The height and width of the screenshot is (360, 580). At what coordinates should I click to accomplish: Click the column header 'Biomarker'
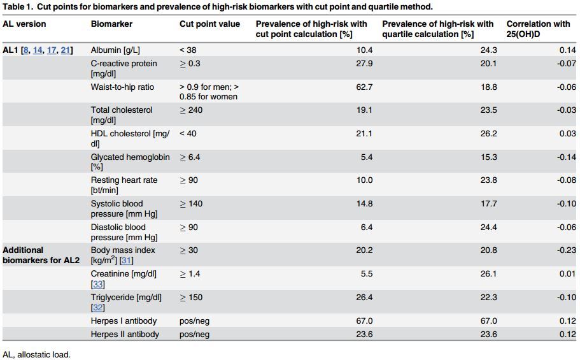[x=111, y=24]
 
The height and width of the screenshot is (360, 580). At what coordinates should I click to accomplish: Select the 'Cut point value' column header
[x=209, y=24]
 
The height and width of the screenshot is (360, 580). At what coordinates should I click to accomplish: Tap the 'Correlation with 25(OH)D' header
[x=538, y=29]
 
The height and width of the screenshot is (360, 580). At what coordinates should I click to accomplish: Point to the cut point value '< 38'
[x=188, y=50]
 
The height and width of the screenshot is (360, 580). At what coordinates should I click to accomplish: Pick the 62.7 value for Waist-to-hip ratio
[x=364, y=87]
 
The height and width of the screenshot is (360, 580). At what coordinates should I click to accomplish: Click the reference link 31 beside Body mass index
[x=127, y=261]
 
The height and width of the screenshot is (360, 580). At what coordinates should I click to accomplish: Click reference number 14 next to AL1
[x=38, y=50]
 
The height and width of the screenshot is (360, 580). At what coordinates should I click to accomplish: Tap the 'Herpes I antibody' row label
[x=124, y=321]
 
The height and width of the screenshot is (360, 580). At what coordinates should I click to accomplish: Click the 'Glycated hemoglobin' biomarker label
[x=130, y=157]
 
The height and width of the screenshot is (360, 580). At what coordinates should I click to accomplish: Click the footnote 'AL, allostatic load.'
[x=36, y=354]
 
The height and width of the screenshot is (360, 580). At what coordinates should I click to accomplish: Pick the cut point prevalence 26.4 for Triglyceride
[x=364, y=298]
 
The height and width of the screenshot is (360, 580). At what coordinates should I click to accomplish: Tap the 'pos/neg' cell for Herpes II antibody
[x=194, y=335]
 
